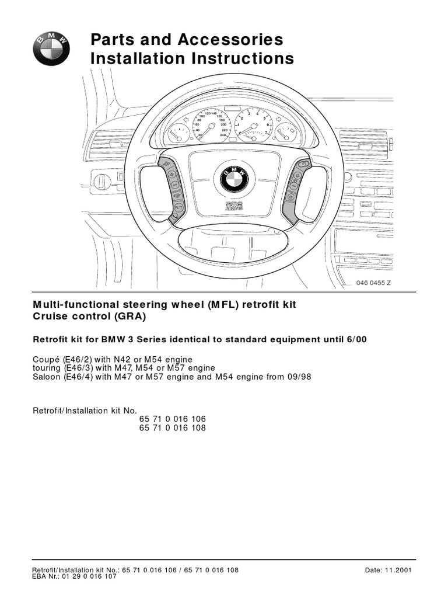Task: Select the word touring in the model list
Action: (x=46, y=368)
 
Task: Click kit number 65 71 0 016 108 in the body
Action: (x=172, y=428)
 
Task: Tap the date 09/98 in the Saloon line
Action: (x=299, y=377)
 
